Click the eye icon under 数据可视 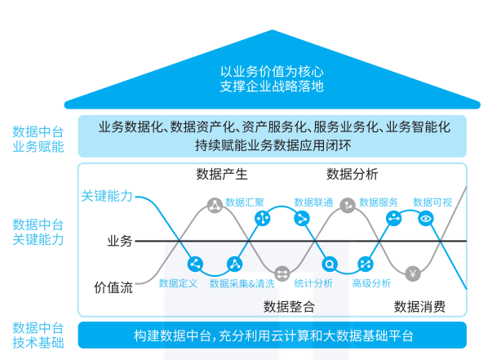425,219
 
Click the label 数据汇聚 245,202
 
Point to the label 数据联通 313,202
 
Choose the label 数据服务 379,202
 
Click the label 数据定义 179,283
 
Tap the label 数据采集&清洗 242,283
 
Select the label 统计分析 313,283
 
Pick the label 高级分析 372,283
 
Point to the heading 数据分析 352,174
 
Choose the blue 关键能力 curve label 107,196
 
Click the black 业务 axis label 119,241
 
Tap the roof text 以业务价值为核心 272,71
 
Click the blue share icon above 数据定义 195,264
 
